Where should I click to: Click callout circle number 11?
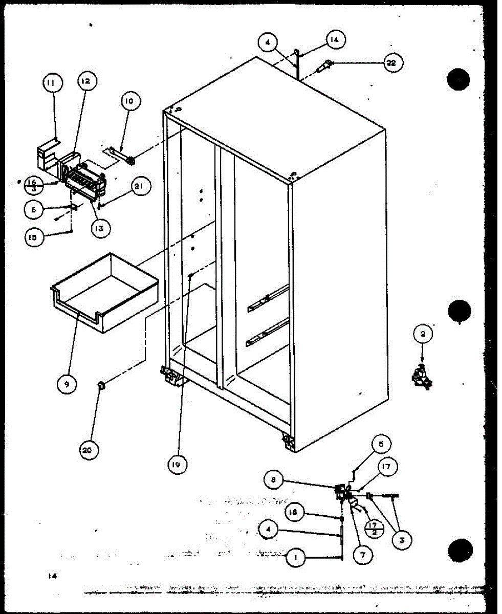[51, 82]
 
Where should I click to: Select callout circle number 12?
[87, 81]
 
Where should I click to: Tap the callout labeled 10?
[128, 101]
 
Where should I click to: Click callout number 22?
[391, 63]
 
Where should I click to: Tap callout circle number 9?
[67, 383]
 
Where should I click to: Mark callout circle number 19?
[178, 465]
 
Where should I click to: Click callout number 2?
[423, 335]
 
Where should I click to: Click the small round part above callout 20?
[101, 385]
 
